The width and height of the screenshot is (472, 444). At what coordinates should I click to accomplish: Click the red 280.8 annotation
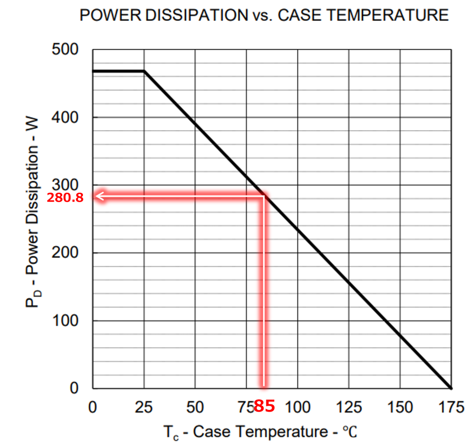[65, 198]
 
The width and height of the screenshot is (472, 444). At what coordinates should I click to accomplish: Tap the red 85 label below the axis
[265, 406]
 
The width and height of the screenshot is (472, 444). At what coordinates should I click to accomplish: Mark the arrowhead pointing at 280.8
[98, 197]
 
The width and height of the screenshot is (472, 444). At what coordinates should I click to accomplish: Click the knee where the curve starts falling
[144, 71]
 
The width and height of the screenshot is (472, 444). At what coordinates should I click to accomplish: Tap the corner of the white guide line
[264, 197]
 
